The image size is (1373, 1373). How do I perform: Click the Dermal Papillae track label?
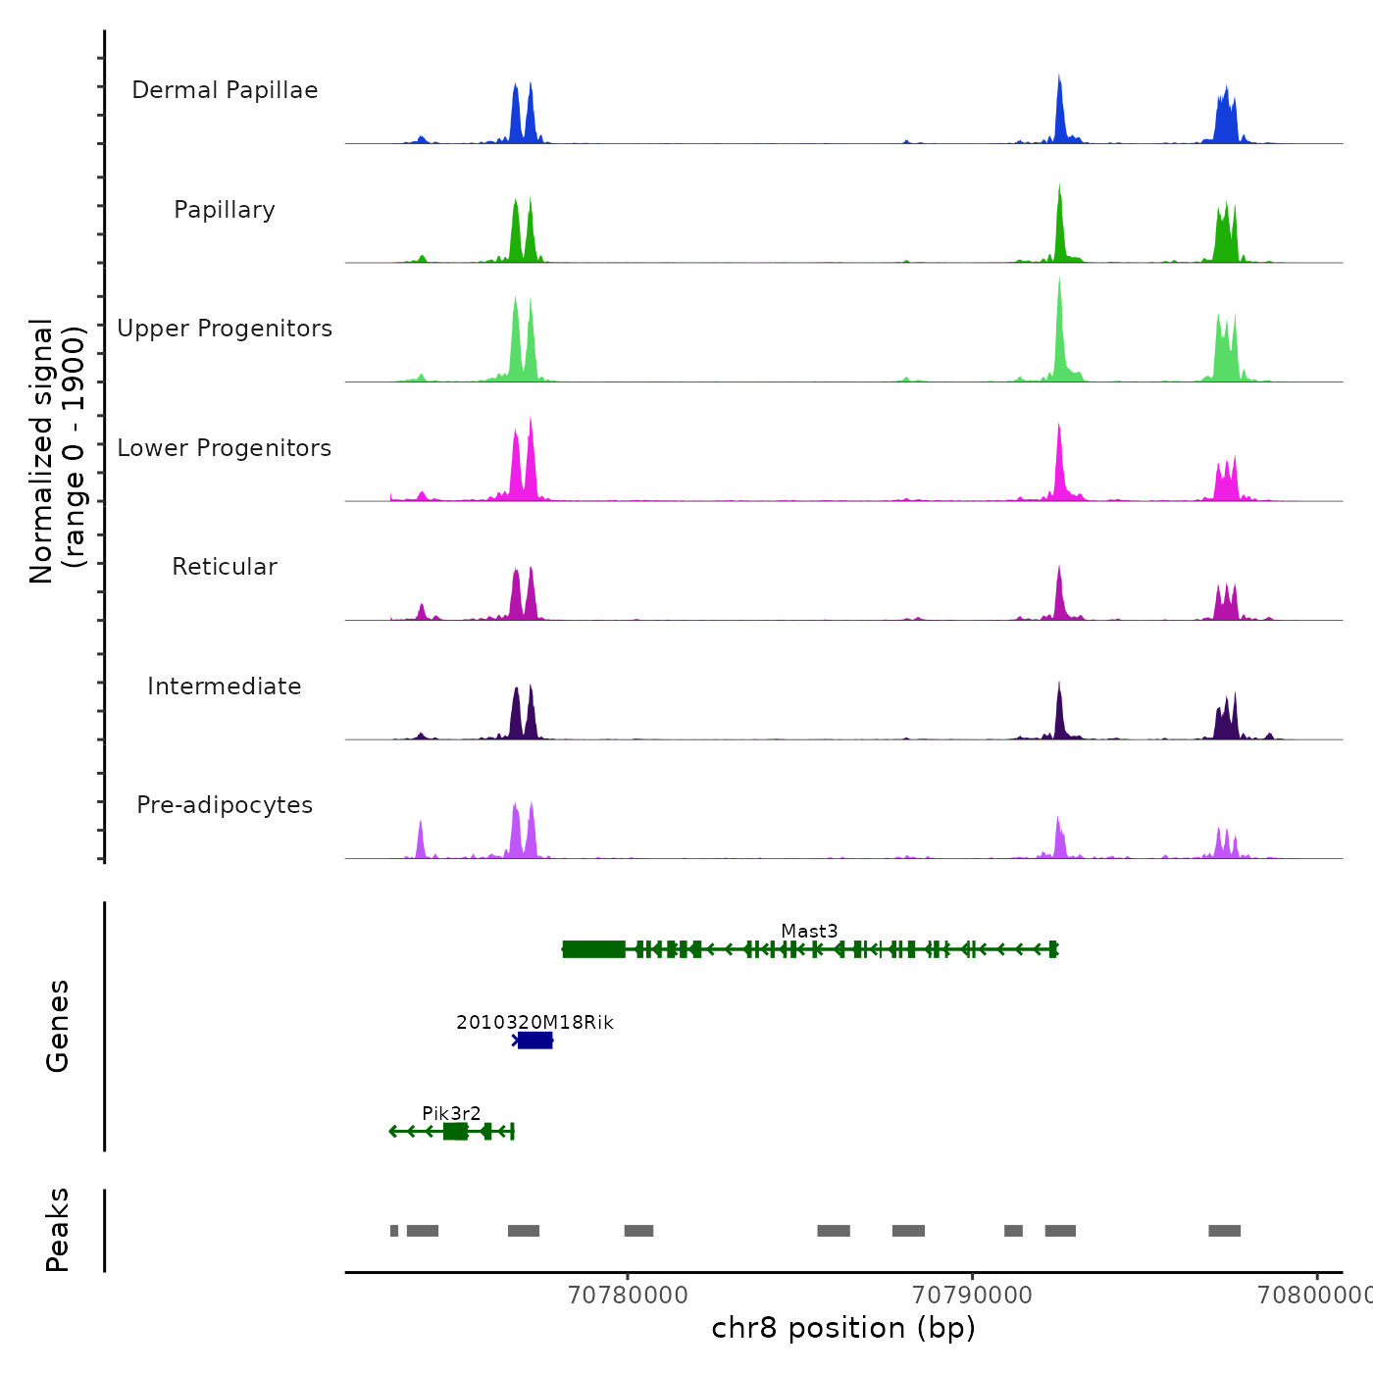(x=225, y=90)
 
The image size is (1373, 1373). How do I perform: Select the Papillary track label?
(x=225, y=210)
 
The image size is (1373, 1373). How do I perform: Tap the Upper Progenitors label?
(x=225, y=329)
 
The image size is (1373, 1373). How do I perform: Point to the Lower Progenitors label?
(x=225, y=448)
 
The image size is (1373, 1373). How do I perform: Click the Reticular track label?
(x=225, y=567)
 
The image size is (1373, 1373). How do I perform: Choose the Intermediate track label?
(x=225, y=686)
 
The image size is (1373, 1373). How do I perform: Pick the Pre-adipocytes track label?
(x=225, y=805)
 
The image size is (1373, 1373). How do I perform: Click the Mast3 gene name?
(x=809, y=931)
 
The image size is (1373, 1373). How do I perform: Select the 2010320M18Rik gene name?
(x=534, y=1022)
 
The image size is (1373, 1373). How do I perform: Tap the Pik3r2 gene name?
(x=451, y=1113)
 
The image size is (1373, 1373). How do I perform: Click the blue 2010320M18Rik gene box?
(x=534, y=1041)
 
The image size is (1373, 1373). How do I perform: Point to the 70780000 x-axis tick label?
(x=628, y=1295)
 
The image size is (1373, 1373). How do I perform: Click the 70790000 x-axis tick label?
(x=972, y=1295)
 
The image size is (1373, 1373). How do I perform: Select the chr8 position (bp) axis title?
(x=843, y=1328)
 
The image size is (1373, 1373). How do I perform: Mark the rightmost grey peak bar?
(x=1224, y=1231)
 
